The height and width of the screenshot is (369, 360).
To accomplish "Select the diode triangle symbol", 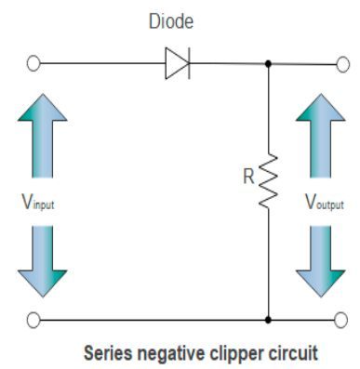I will click(x=178, y=64).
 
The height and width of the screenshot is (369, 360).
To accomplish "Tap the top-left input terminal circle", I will click(x=34, y=64).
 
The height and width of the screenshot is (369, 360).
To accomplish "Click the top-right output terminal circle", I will click(x=340, y=64).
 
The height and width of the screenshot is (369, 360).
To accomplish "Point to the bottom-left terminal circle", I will click(x=34, y=320).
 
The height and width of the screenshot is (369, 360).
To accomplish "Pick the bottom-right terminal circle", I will click(x=340, y=320).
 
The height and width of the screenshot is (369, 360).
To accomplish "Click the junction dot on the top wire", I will click(x=269, y=64).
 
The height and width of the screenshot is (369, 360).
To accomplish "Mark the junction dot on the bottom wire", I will click(x=269, y=320).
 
